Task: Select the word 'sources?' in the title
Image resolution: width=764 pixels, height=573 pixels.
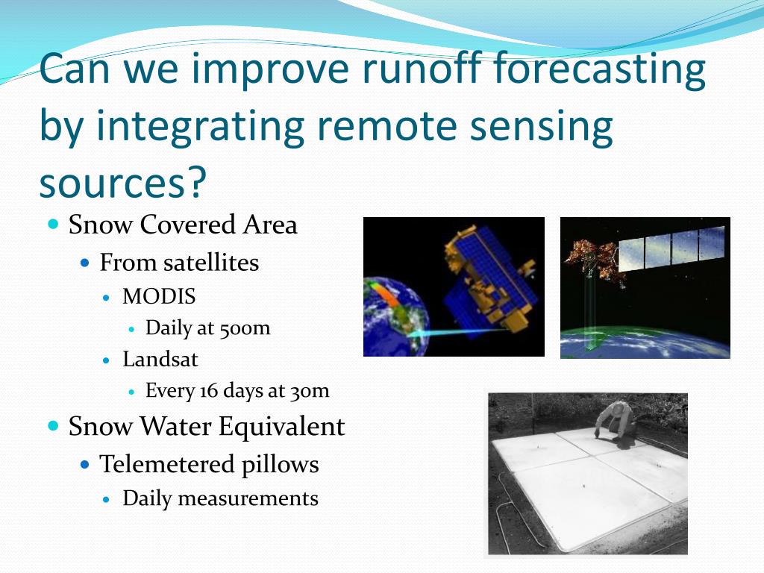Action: (123, 182)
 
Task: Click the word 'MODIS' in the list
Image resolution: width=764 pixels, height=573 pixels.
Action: (159, 296)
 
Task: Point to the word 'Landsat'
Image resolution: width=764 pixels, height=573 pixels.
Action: (160, 359)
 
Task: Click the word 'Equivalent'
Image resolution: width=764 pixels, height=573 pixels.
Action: (281, 426)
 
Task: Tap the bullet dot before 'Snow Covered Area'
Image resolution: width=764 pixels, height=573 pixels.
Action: (54, 225)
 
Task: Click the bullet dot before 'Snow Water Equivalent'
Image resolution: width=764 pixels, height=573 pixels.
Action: (54, 426)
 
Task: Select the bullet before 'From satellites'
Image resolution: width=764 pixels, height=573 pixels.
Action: (85, 263)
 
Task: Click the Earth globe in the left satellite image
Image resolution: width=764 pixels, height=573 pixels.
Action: (395, 316)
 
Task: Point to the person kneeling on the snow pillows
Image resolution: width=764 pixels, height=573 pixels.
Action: (616, 422)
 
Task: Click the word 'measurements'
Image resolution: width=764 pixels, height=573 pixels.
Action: (248, 498)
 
